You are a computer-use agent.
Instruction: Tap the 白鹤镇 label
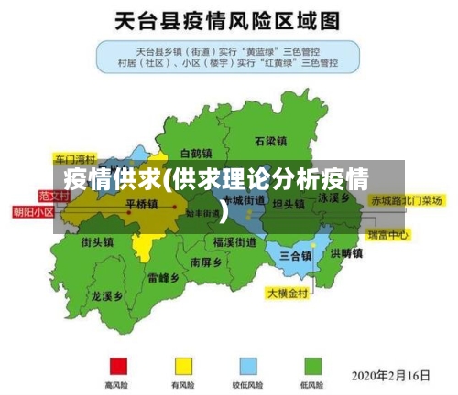[196, 153]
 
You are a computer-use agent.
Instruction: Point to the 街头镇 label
[96, 242]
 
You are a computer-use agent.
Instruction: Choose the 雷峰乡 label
[163, 277]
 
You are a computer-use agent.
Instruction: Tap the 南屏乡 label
[206, 262]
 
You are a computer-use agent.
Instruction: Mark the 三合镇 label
[296, 254]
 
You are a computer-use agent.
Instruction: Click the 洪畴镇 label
[347, 252]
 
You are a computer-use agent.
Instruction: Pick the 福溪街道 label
[234, 242]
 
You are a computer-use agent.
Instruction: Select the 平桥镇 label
[141, 204]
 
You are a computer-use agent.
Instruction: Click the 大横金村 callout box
[288, 294]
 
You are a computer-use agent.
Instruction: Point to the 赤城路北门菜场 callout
[406, 199]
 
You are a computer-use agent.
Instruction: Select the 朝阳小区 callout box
[33, 212]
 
